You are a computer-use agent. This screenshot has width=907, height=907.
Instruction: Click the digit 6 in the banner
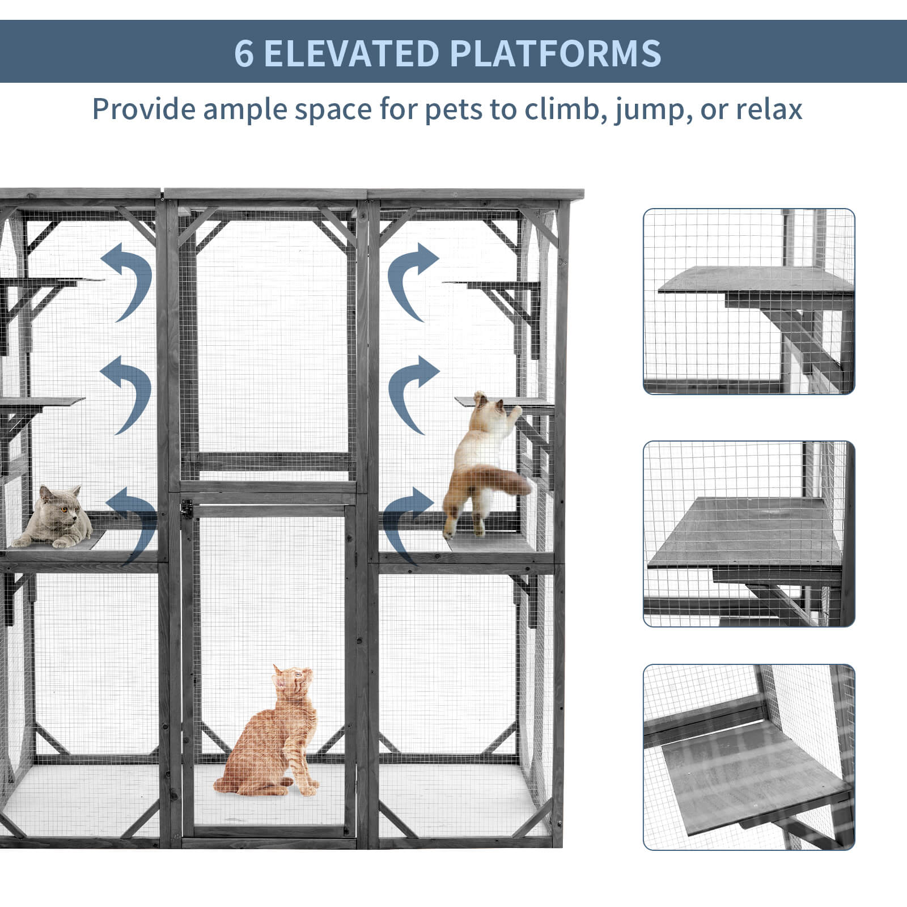tap(244, 53)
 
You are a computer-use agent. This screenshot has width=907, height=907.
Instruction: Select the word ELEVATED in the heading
tap(351, 53)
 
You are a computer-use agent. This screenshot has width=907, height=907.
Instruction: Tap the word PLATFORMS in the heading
tap(556, 53)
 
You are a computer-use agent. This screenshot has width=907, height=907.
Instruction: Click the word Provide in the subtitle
tap(144, 109)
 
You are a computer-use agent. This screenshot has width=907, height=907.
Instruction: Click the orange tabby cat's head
tap(294, 680)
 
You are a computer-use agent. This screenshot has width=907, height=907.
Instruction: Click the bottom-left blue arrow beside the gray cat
tap(134, 524)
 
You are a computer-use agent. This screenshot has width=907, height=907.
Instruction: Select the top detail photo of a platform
tap(749, 302)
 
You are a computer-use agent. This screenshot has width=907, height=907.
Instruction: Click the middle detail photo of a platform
tap(749, 534)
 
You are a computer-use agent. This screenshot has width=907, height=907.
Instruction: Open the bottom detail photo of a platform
tap(749, 757)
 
